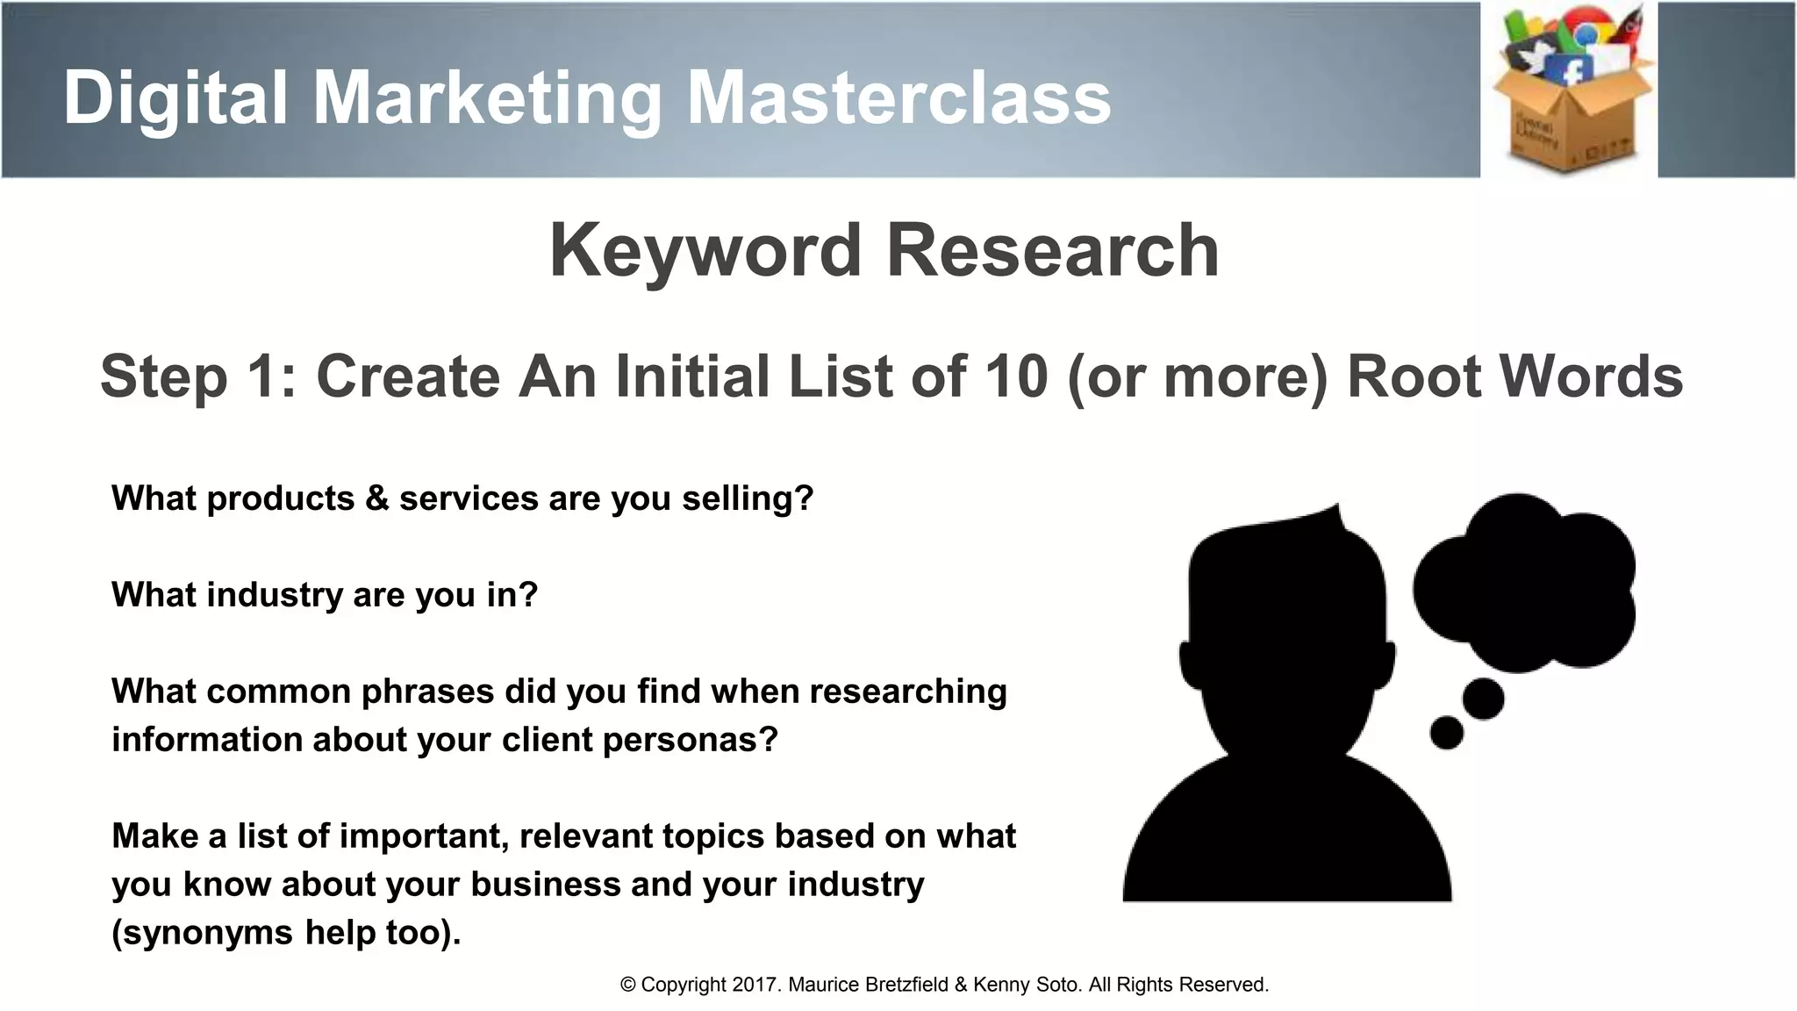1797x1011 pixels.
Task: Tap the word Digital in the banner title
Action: (x=175, y=98)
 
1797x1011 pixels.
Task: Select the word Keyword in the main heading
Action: (x=705, y=252)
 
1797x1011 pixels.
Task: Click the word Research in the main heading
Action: (x=1053, y=252)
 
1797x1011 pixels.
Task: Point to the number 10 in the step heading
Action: (x=1016, y=376)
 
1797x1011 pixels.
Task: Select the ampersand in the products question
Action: (x=376, y=498)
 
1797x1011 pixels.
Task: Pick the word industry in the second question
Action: (x=275, y=595)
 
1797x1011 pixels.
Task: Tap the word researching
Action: (x=907, y=692)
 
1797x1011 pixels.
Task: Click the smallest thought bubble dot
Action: (x=1446, y=733)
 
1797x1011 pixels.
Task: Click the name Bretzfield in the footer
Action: (x=906, y=985)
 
